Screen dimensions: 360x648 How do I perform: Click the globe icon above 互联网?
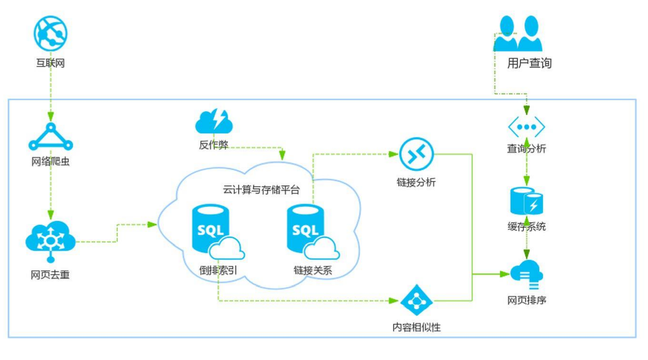[50, 33]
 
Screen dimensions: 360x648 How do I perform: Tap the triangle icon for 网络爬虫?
[50, 138]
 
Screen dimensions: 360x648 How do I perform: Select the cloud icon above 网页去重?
[50, 240]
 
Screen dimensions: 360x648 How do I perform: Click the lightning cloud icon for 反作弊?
[214, 122]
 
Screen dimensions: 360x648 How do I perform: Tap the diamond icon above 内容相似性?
[416, 300]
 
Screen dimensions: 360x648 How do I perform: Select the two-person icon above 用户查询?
[518, 34]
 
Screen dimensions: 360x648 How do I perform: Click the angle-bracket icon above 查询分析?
[526, 127]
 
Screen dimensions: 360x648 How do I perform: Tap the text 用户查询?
[529, 63]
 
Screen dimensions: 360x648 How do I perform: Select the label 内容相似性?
[416, 327]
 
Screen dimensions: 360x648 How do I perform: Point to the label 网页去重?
[50, 275]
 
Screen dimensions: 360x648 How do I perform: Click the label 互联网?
[50, 63]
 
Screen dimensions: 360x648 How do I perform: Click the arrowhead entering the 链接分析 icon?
[394, 154]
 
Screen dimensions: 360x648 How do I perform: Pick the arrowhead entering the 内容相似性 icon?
[394, 300]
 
